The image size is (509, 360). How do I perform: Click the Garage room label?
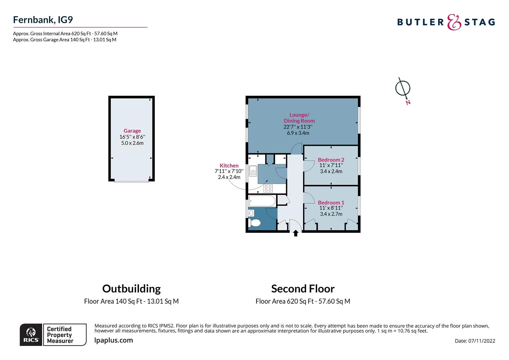pos(132,131)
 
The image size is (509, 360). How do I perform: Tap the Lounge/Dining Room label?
pos(299,118)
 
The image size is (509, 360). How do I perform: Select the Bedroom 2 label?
pos(331,160)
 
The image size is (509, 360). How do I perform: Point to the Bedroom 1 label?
pos(331,202)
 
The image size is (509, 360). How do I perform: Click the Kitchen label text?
pos(229,166)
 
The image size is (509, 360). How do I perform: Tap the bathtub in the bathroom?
pos(262,201)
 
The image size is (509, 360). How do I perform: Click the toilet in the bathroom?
pos(254,223)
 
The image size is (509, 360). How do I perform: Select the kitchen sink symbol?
pos(253,171)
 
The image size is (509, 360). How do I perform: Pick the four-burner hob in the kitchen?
pos(268,189)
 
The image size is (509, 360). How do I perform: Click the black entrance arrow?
pos(295,233)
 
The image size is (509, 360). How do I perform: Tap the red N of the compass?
pos(408,103)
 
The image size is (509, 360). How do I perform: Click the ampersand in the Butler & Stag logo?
pos(454,22)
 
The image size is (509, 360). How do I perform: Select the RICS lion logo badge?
pos(31,335)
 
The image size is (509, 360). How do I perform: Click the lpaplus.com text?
pos(114,340)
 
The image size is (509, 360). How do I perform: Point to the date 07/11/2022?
pos(481,341)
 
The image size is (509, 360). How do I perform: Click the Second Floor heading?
pos(303,289)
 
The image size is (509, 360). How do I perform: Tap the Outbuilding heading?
pos(131,289)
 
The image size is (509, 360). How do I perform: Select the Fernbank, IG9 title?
pos(43,20)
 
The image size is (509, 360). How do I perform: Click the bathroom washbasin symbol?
pos(251,213)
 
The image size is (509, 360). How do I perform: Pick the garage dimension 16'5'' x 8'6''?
pos(132,137)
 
